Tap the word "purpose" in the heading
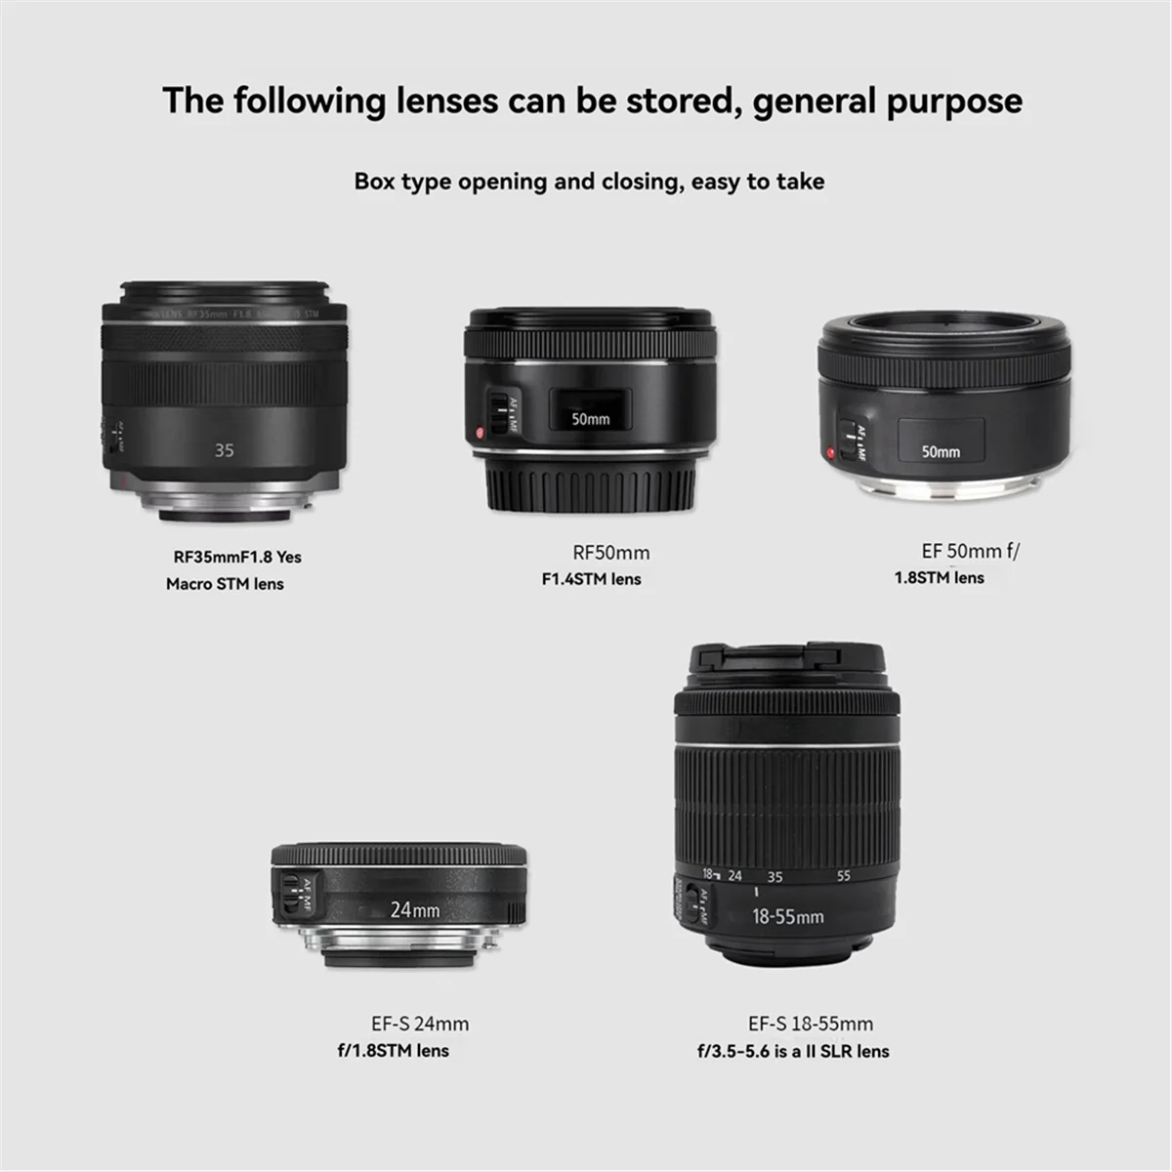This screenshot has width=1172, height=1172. [955, 102]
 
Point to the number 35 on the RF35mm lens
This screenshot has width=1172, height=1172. [225, 450]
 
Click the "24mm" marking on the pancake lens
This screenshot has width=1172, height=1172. [415, 910]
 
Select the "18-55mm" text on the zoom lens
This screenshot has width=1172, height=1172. [787, 917]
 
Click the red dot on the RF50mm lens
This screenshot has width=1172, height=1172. [478, 433]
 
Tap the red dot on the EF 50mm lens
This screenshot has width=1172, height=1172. [830, 451]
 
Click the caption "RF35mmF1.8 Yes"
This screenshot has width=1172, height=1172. [237, 558]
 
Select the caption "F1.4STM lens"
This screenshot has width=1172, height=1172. [592, 579]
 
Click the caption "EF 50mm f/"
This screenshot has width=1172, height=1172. [970, 551]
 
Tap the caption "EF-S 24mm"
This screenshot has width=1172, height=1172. [420, 1024]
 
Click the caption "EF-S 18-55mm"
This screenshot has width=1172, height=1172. [811, 1024]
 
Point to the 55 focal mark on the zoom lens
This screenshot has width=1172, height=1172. [844, 876]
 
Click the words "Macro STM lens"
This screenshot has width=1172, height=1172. [225, 584]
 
